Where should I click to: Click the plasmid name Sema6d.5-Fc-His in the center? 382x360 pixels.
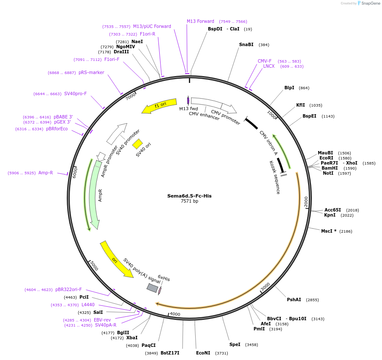pyautogui.click(x=189, y=196)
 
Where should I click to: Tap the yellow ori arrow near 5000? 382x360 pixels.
pyautogui.click(x=116, y=259)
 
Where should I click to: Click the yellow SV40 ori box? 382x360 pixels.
pyautogui.click(x=137, y=144)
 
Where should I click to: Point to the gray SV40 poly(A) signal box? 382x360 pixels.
pyautogui.click(x=152, y=288)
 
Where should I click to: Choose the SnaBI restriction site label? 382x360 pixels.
pyautogui.click(x=246, y=44)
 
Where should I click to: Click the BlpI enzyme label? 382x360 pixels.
pyautogui.click(x=289, y=88)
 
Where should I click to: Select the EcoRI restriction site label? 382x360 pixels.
pyautogui.click(x=326, y=158)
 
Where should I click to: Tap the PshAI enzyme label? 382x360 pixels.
pyautogui.click(x=294, y=300)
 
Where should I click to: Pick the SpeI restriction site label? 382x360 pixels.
pyautogui.click(x=235, y=344)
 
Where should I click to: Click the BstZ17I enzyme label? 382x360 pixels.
pyautogui.click(x=170, y=353)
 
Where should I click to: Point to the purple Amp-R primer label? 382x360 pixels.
pyautogui.click(x=46, y=173)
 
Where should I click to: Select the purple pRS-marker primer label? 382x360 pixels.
pyautogui.click(x=91, y=73)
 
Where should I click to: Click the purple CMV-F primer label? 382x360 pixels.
pyautogui.click(x=265, y=61)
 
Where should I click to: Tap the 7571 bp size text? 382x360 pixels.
pyautogui.click(x=189, y=201)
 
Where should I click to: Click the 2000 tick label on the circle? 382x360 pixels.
pyautogui.click(x=306, y=202)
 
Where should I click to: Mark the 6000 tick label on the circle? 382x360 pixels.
pyautogui.click(x=75, y=172)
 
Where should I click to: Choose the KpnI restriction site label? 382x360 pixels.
pyautogui.click(x=330, y=215)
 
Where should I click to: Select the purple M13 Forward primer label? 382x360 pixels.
pyautogui.click(x=200, y=21)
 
